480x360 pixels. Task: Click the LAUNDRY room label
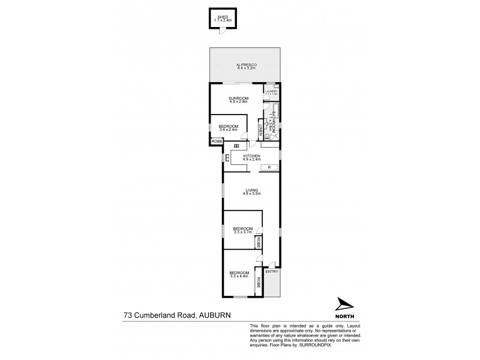click(272, 92)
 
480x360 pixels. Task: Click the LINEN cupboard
click(261, 128)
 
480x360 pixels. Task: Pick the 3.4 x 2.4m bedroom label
click(229, 128)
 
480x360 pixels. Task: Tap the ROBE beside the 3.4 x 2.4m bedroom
click(216, 141)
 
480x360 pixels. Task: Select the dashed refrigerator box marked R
click(269, 166)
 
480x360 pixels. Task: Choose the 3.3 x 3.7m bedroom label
click(242, 229)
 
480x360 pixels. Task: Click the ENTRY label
click(271, 271)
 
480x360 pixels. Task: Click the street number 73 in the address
click(128, 314)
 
